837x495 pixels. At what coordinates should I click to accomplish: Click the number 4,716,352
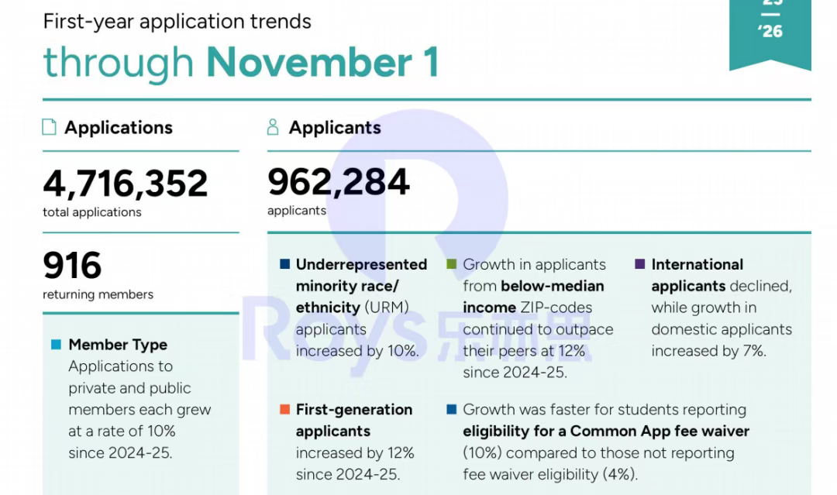pyautogui.click(x=125, y=184)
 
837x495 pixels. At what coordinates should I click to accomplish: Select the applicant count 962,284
pyautogui.click(x=338, y=182)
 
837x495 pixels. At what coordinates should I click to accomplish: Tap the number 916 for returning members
pyautogui.click(x=72, y=266)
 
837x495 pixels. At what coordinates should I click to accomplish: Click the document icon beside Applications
pyautogui.click(x=50, y=127)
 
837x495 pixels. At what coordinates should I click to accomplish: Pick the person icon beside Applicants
pyautogui.click(x=272, y=127)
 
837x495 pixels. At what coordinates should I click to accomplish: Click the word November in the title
pyautogui.click(x=310, y=62)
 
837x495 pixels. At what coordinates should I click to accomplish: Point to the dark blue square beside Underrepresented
pyautogui.click(x=284, y=264)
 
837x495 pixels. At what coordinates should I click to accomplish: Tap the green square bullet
pyautogui.click(x=452, y=264)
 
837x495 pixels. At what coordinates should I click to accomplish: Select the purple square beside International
pyautogui.click(x=639, y=264)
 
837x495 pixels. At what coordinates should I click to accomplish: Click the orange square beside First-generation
pyautogui.click(x=284, y=409)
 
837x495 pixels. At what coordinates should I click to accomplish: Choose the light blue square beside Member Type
pyautogui.click(x=56, y=345)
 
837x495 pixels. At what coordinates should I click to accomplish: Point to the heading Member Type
pyautogui.click(x=118, y=345)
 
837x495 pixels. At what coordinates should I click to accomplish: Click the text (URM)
pyautogui.click(x=386, y=308)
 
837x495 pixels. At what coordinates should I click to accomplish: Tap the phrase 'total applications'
pyautogui.click(x=92, y=212)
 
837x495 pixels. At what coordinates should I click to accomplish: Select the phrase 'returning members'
pyautogui.click(x=98, y=294)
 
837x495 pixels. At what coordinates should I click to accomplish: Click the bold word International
pyautogui.click(x=697, y=264)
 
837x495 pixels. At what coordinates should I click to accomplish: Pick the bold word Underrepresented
pyautogui.click(x=361, y=264)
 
